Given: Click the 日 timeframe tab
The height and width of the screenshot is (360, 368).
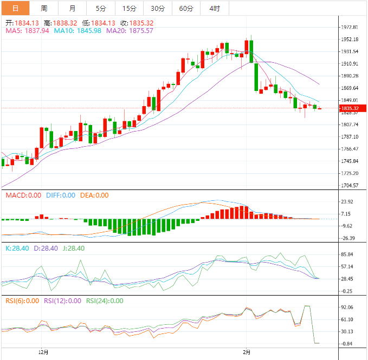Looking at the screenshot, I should (15, 8).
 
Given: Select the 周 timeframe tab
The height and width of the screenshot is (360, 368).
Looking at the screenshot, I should (43, 8).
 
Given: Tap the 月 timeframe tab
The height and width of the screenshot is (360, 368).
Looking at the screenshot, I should (73, 8).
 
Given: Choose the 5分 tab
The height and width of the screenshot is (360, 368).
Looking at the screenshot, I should (101, 8).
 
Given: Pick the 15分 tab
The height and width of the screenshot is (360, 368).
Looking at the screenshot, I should (129, 8).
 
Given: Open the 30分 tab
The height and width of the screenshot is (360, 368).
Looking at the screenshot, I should (157, 8).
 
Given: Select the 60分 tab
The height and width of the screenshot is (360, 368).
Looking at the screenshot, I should (186, 8).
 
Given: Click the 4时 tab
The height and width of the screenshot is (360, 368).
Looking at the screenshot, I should (214, 8).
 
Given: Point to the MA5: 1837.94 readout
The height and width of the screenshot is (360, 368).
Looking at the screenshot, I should (27, 31).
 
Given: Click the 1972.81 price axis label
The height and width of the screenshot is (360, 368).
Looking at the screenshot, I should (350, 27).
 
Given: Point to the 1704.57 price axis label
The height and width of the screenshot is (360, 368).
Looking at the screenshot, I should (350, 186).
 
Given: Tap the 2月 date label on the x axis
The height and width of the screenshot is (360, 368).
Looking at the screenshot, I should (247, 352).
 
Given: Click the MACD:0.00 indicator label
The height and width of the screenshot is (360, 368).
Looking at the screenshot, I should (23, 195).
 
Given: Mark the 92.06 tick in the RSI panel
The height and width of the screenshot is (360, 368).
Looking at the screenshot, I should (347, 307).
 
